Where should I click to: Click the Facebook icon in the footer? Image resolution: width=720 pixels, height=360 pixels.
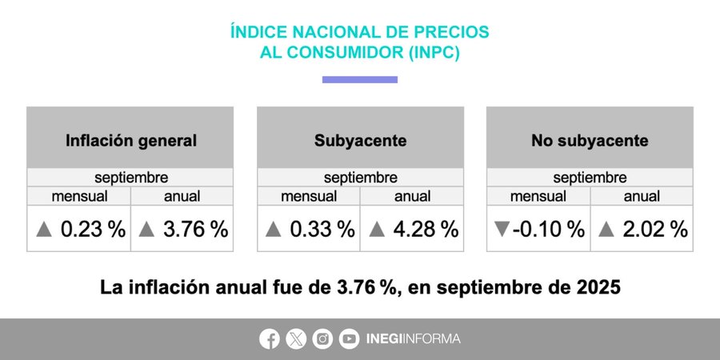click(x=270, y=338)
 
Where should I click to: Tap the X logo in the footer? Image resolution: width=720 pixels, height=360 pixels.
click(x=296, y=338)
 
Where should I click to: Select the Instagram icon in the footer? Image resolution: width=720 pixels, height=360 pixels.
click(x=322, y=338)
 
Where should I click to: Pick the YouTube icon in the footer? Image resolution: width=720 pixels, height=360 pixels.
click(x=349, y=338)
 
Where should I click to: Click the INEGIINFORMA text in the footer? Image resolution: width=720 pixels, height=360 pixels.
click(x=413, y=338)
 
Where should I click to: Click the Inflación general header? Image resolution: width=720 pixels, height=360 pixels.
click(x=130, y=141)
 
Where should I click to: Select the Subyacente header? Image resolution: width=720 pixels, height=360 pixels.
click(x=360, y=141)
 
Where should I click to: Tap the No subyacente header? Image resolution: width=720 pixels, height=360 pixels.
click(x=590, y=141)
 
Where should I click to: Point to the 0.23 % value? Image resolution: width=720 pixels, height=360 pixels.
click(x=93, y=230)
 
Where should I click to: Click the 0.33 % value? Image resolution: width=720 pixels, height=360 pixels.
click(x=322, y=230)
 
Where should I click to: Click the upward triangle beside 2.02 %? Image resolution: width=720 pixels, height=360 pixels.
click(x=606, y=230)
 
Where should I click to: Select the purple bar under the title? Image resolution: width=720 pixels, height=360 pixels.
click(x=360, y=79)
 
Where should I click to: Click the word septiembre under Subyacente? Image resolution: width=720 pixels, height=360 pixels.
click(x=360, y=178)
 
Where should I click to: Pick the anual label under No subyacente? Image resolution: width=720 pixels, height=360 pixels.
click(x=642, y=196)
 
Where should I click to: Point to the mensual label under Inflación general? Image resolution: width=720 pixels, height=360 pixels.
click(x=79, y=196)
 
